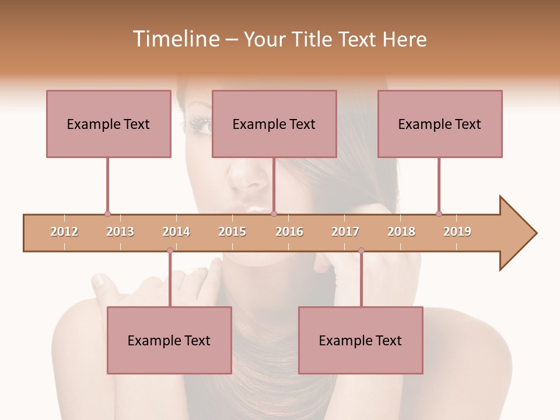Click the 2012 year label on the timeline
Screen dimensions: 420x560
pyautogui.click(x=64, y=232)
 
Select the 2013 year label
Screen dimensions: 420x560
pyautogui.click(x=120, y=232)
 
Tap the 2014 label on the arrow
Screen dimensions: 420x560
pyautogui.click(x=176, y=232)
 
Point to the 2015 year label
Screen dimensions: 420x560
pyautogui.click(x=232, y=232)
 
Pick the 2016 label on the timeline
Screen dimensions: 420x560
pyautogui.click(x=289, y=232)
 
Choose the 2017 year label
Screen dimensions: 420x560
pyautogui.click(x=345, y=232)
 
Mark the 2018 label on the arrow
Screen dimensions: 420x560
pyautogui.click(x=401, y=232)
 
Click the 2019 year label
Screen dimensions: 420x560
pyautogui.click(x=457, y=232)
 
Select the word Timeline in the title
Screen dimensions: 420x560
pyautogui.click(x=175, y=39)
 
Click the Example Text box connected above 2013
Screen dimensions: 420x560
pyautogui.click(x=108, y=124)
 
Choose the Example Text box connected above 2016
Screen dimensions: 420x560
pyautogui.click(x=274, y=124)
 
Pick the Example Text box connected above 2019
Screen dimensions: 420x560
pyautogui.click(x=440, y=124)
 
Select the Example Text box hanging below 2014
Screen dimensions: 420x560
pyautogui.click(x=169, y=340)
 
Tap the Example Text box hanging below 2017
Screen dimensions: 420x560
pyautogui.click(x=360, y=340)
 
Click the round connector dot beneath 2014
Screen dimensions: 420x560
pyautogui.click(x=170, y=251)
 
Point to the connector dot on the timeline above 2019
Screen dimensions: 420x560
pyautogui.click(x=439, y=213)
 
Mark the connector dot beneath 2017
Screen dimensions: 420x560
pyautogui.click(x=361, y=251)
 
